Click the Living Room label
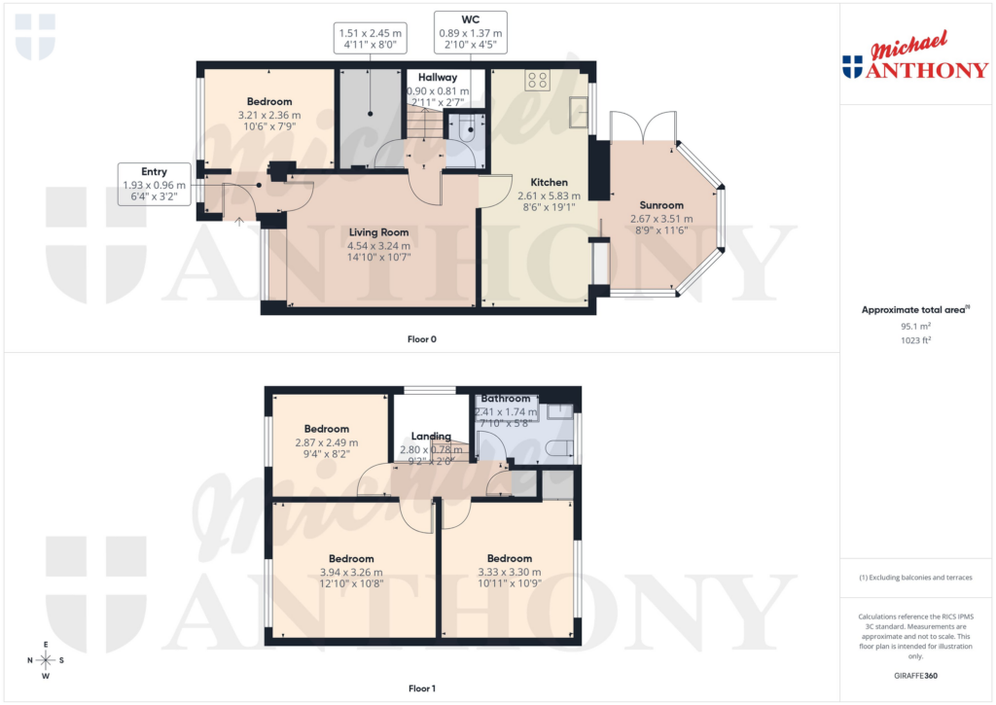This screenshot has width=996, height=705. [378, 232]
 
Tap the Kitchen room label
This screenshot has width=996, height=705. [549, 182]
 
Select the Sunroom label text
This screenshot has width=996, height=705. [660, 205]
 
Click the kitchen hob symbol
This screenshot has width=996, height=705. [538, 81]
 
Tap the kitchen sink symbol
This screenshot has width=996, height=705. [579, 113]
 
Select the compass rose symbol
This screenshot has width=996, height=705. [45, 660]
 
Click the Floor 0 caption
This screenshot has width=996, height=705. [422, 339]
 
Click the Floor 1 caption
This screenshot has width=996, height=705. [422, 688]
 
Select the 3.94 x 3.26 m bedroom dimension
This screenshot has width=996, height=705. [351, 573]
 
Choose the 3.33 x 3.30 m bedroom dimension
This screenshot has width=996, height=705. [510, 573]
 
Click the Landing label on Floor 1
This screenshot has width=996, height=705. [431, 437]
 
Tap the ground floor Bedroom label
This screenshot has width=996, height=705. [269, 102]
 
